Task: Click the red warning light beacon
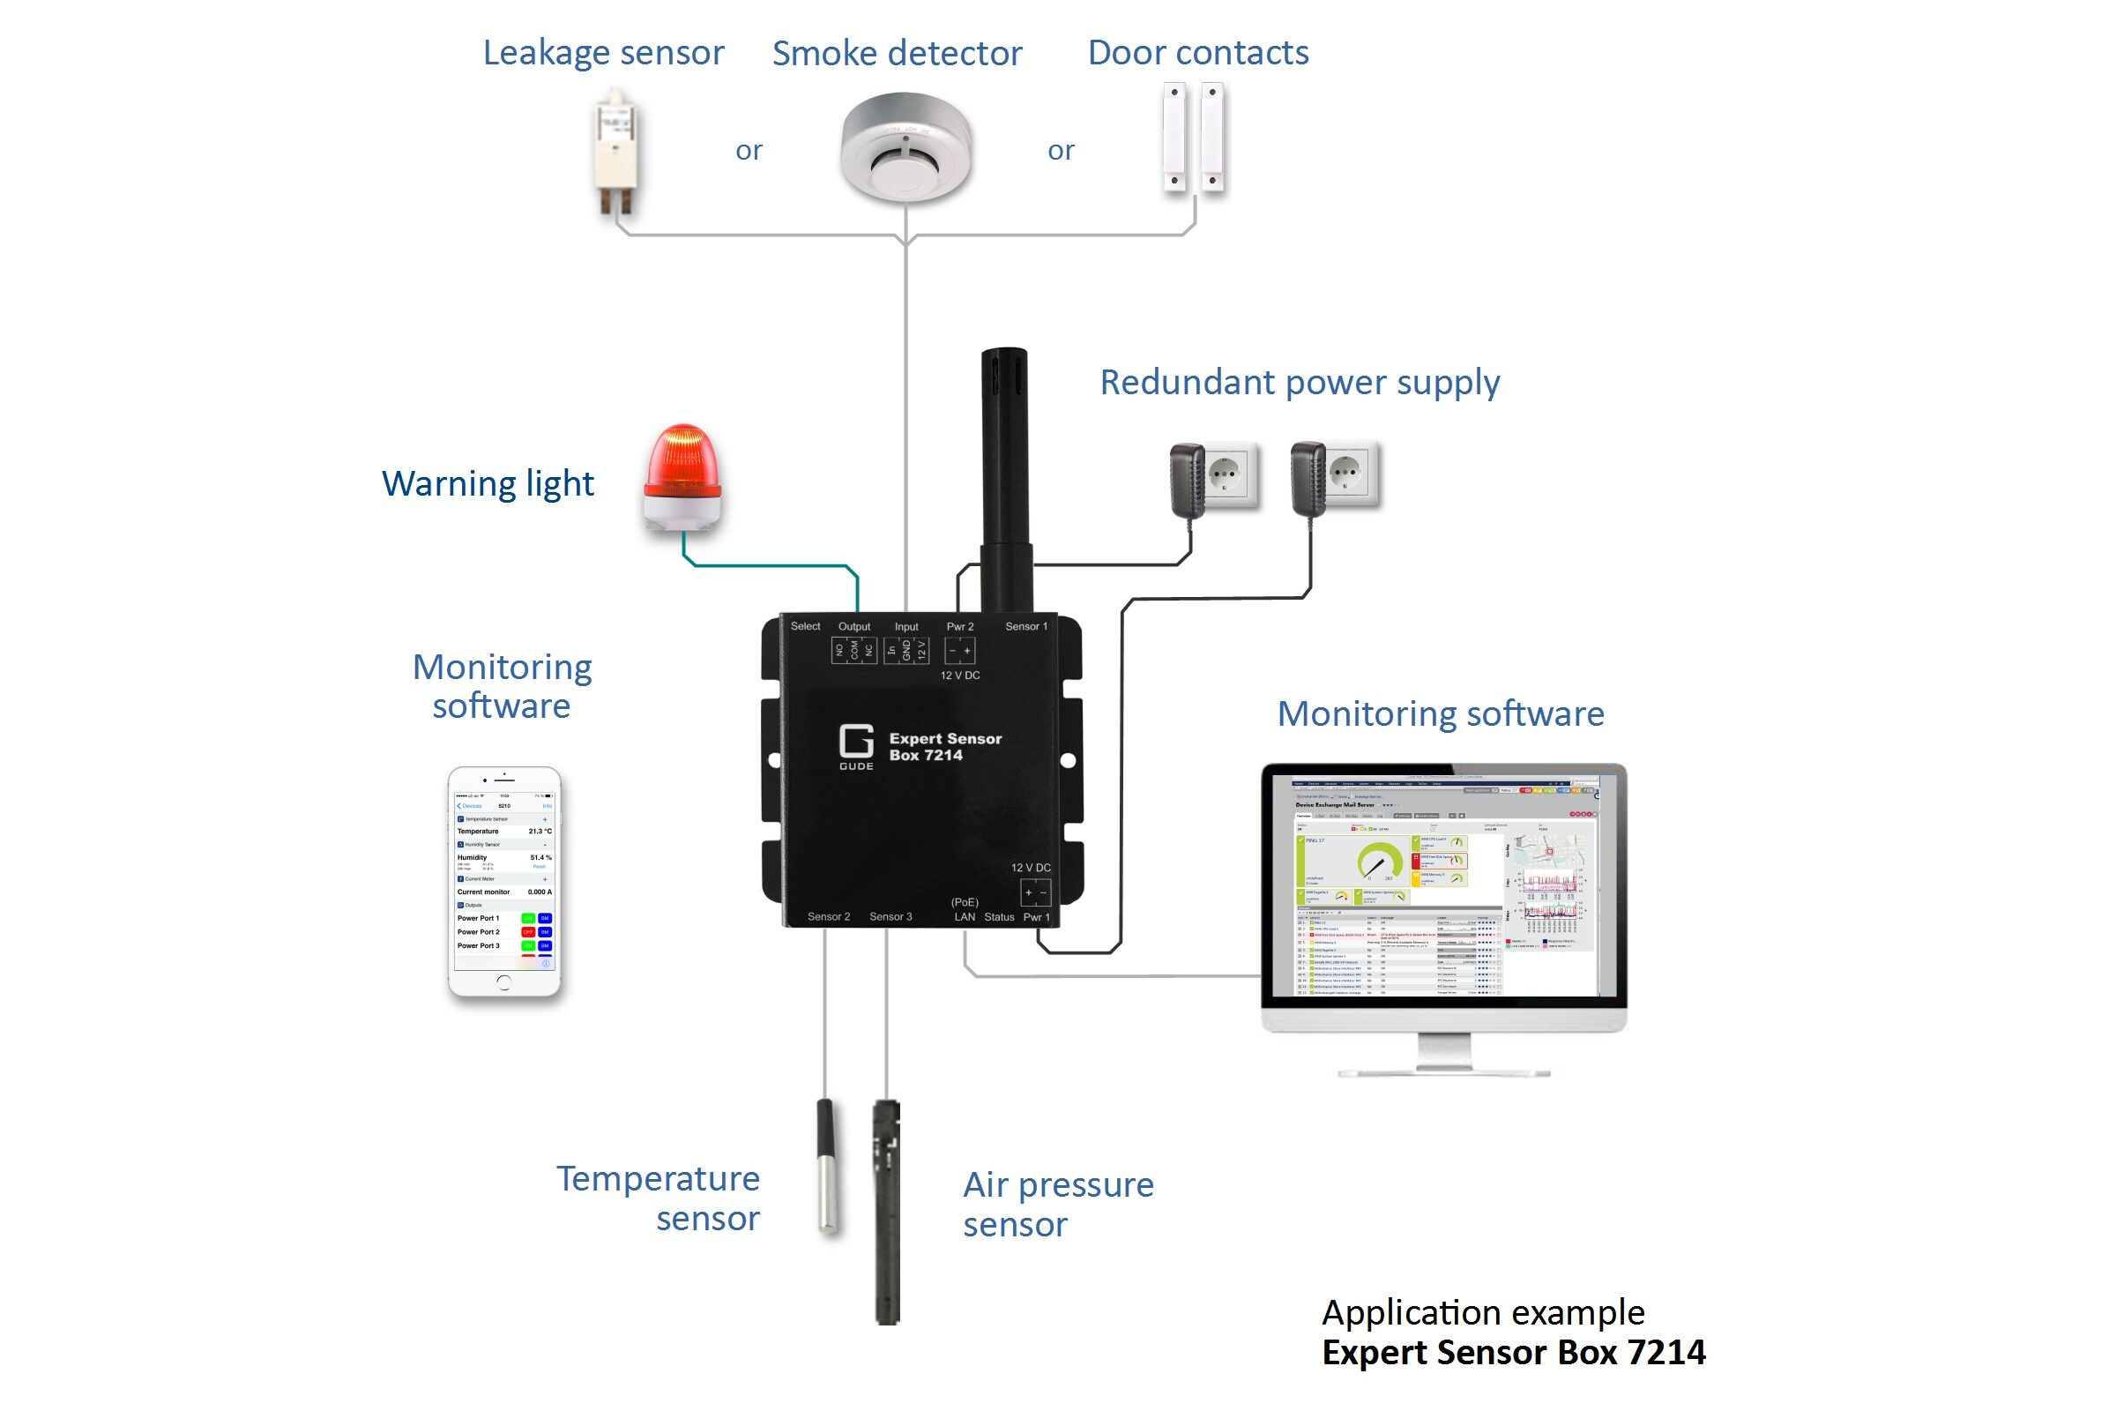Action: pos(682,477)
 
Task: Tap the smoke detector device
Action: pos(905,146)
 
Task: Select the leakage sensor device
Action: pos(617,151)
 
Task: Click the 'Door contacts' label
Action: pos(1197,52)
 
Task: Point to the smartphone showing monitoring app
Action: pos(503,882)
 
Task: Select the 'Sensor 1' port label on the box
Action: pos(1025,626)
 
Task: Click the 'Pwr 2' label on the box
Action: pos(960,626)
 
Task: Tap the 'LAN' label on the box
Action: pos(965,917)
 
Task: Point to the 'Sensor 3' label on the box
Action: pos(890,917)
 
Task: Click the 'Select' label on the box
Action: pos(805,626)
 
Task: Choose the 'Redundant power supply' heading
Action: pos(1299,383)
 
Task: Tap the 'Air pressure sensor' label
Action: pos(1057,1204)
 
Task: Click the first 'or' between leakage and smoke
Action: pos(749,150)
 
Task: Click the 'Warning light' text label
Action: pos(488,484)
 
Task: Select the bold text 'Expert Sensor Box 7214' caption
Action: pos(1513,1353)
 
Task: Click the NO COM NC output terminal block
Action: pos(853,650)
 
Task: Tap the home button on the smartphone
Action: pos(503,982)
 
